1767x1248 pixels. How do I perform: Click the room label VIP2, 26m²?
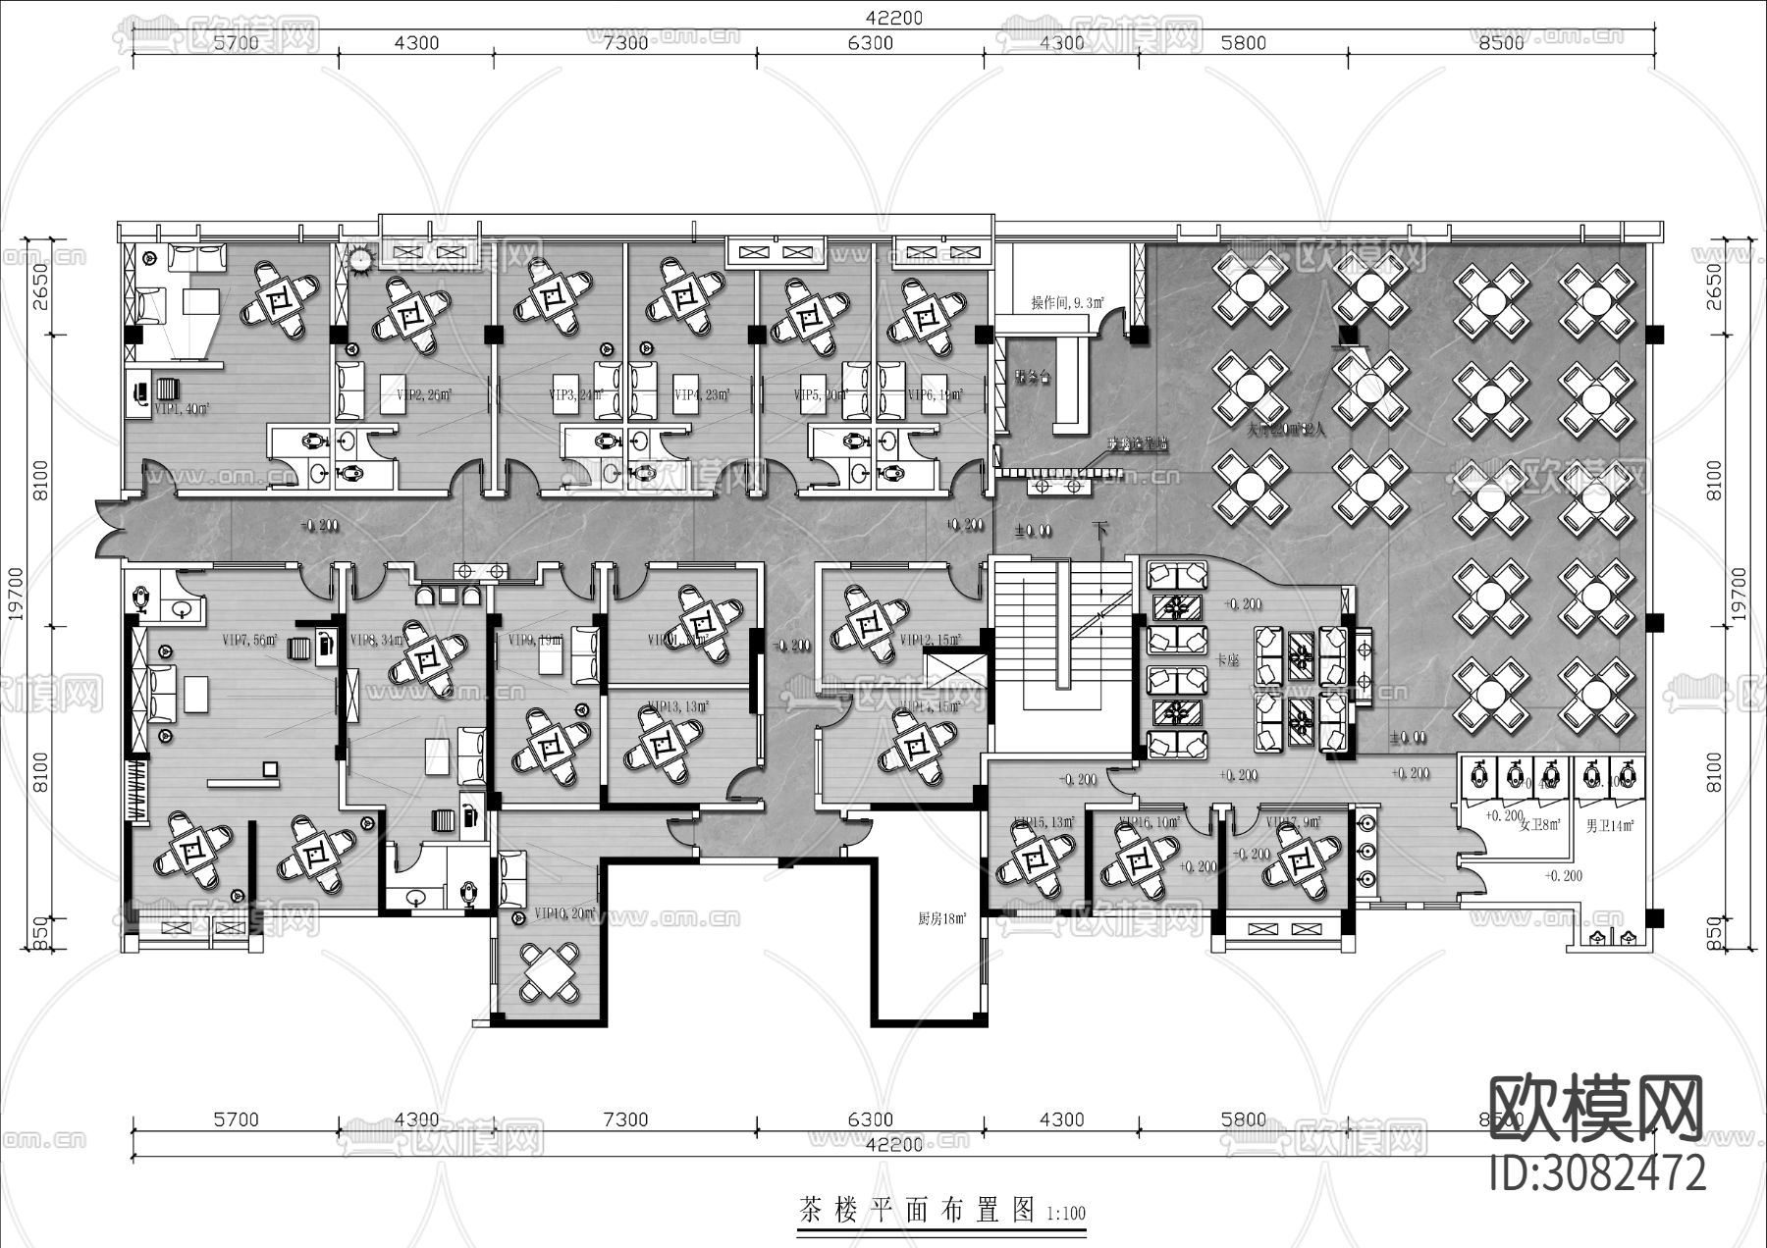423,394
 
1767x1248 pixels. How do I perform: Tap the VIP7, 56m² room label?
249,641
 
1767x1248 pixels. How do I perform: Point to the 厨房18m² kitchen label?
941,919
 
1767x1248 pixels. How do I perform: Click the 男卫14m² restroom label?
1609,826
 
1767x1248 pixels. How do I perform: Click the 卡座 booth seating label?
1227,661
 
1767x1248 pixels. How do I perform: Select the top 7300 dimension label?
625,43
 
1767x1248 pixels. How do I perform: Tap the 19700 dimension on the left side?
16,595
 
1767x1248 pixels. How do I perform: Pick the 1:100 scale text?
1065,1214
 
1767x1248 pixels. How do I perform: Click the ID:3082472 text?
1597,1172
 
